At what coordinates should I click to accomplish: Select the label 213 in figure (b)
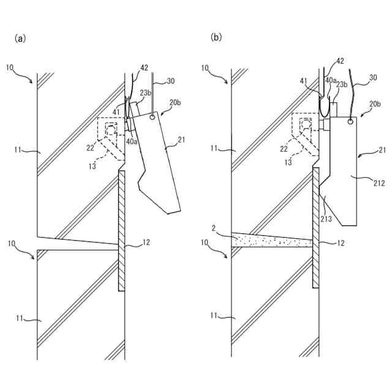pyautogui.click(x=326, y=218)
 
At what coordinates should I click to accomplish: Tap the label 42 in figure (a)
pyautogui.click(x=145, y=68)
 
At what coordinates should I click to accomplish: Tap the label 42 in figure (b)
pyautogui.click(x=340, y=61)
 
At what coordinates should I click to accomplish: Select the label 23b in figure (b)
pyautogui.click(x=341, y=85)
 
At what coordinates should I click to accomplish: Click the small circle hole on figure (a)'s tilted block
pyautogui.click(x=153, y=118)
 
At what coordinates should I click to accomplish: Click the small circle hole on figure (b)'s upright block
pyautogui.click(x=349, y=121)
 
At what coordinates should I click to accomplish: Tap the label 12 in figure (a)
pyautogui.click(x=146, y=243)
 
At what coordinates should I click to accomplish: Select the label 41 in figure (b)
pyautogui.click(x=304, y=80)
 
